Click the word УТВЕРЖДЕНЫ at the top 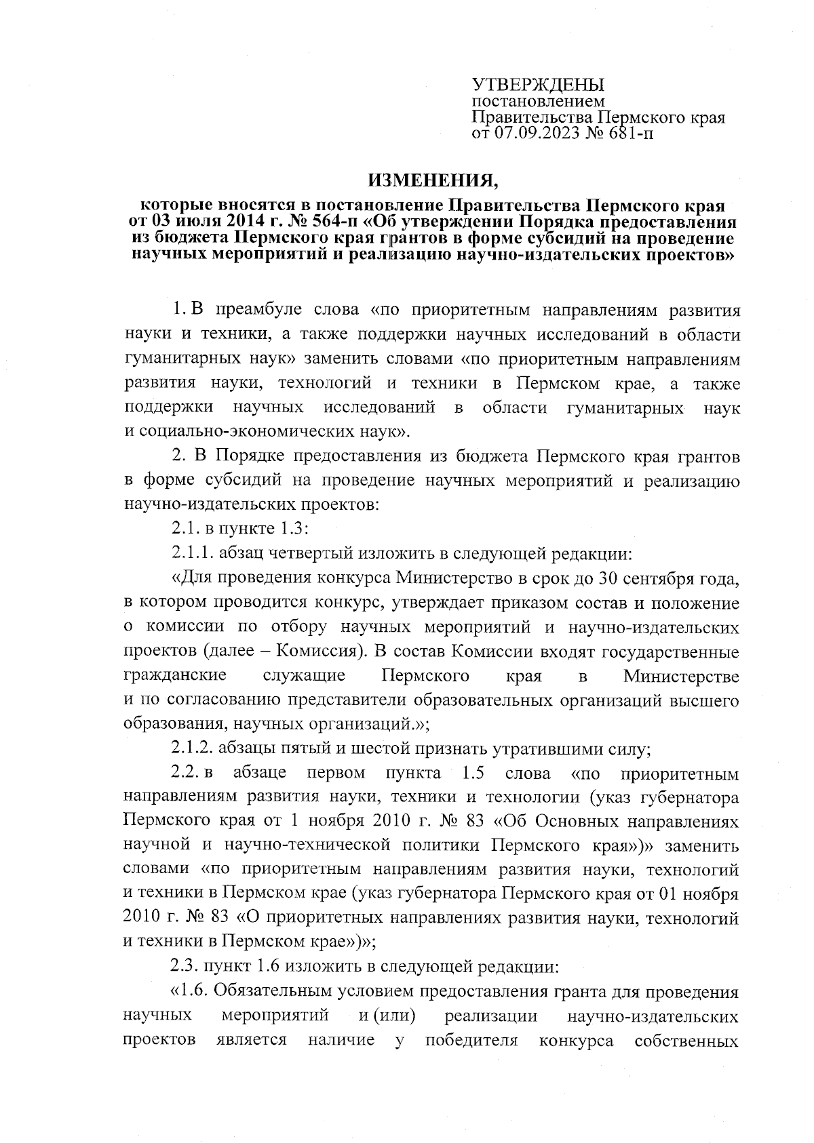tap(537, 85)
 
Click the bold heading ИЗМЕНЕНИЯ tap(433, 181)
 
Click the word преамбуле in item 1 tap(260, 310)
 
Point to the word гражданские tap(175, 676)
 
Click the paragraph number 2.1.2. tap(193, 748)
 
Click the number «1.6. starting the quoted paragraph tap(193, 991)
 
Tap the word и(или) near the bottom tap(387, 1016)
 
